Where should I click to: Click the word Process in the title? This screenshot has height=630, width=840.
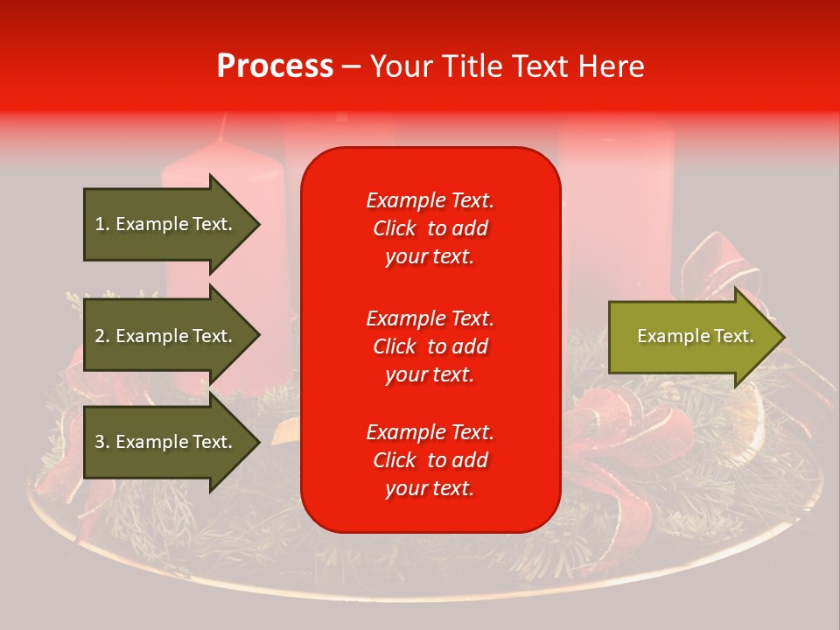click(x=275, y=66)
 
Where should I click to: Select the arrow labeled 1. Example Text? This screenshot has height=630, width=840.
click(x=166, y=224)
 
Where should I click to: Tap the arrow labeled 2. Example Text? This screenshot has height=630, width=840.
click(x=166, y=336)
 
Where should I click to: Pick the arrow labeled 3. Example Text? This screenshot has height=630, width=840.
click(x=166, y=442)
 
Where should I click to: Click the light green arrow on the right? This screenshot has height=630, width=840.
click(x=691, y=337)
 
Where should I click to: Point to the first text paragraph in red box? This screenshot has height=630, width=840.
click(x=430, y=228)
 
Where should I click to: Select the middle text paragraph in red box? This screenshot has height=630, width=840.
click(x=430, y=346)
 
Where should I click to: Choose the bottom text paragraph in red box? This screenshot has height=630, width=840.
click(x=430, y=460)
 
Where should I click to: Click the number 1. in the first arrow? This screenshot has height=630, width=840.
click(x=102, y=224)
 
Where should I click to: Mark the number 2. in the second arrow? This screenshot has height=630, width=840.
click(x=102, y=336)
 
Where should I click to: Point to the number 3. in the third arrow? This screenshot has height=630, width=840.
click(x=102, y=442)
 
